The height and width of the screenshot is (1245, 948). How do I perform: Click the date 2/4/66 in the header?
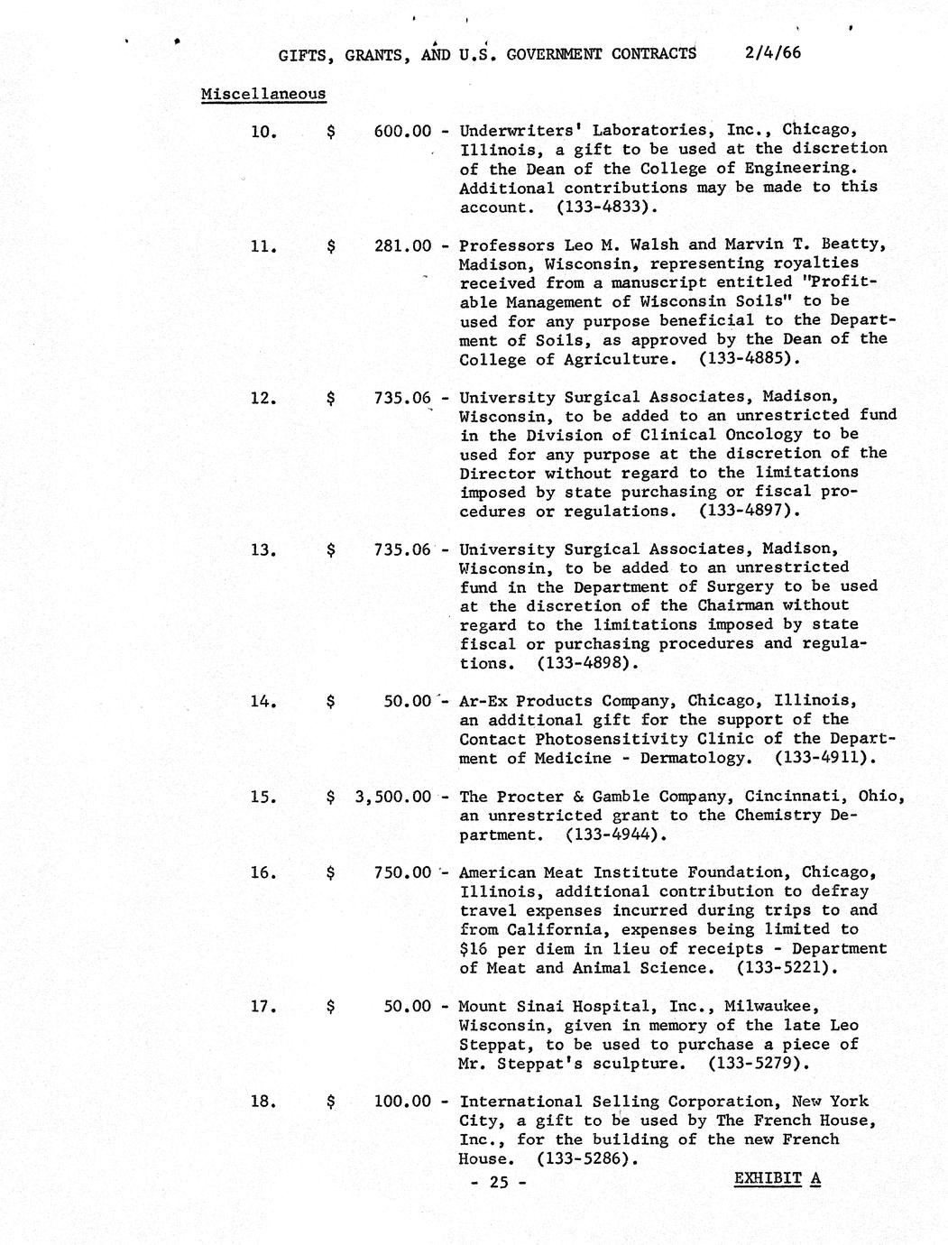tap(773, 52)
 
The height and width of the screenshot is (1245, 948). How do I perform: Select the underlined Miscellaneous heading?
tap(263, 93)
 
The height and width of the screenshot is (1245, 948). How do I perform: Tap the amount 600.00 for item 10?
tap(402, 130)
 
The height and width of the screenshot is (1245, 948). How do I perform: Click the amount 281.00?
tap(402, 244)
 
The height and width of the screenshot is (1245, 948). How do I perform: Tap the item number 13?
tap(263, 549)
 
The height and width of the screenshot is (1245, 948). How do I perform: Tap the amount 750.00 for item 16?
tap(402, 871)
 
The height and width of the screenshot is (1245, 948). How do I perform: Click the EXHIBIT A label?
tap(777, 1178)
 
